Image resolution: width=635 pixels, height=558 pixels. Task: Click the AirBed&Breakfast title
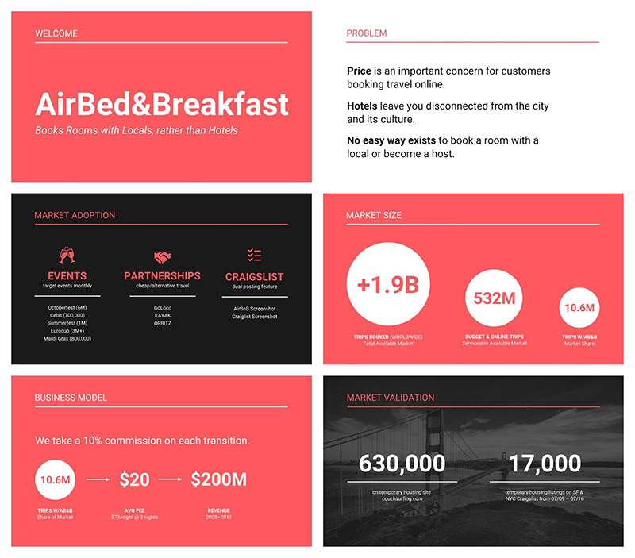tap(162, 104)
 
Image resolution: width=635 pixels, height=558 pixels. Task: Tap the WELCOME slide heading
tap(56, 34)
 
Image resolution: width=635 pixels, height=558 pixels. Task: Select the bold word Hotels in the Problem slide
tap(362, 106)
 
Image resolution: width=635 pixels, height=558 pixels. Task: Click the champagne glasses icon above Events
tap(67, 255)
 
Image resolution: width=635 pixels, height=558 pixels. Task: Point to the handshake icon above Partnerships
tap(162, 257)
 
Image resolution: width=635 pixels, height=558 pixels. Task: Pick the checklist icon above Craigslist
tap(254, 255)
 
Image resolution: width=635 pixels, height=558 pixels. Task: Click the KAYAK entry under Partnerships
tap(162, 315)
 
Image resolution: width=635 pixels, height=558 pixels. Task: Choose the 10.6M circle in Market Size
tap(580, 308)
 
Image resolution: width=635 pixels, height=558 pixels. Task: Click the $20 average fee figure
tap(134, 479)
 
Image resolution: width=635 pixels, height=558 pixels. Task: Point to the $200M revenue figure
tap(218, 479)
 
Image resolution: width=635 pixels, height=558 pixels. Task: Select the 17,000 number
tap(545, 464)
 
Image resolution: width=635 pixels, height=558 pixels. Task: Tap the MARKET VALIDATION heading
tap(391, 398)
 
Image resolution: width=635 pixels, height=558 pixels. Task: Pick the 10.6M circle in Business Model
tap(56, 479)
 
